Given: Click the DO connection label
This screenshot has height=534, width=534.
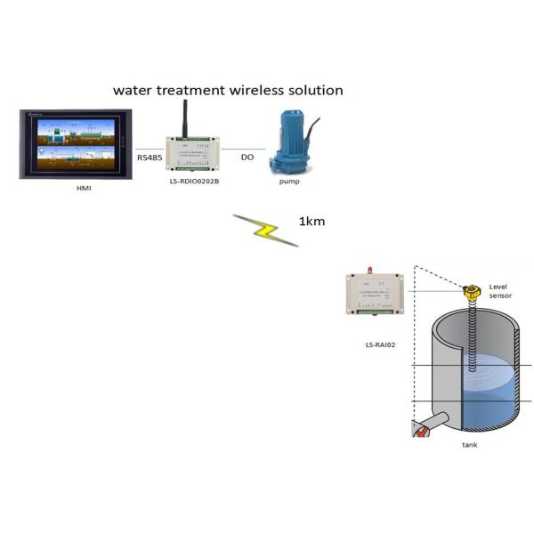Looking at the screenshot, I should tap(247, 158).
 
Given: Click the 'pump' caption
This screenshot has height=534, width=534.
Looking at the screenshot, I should tap(288, 182).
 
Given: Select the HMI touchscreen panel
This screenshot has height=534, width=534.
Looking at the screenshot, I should tap(76, 143).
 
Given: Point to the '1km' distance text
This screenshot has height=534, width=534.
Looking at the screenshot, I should tap(311, 221).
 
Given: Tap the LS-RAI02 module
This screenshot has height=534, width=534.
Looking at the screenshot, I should tap(374, 294).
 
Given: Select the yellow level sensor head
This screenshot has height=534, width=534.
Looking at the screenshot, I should tap(471, 291).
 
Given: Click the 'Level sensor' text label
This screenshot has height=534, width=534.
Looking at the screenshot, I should tap(501, 290).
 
